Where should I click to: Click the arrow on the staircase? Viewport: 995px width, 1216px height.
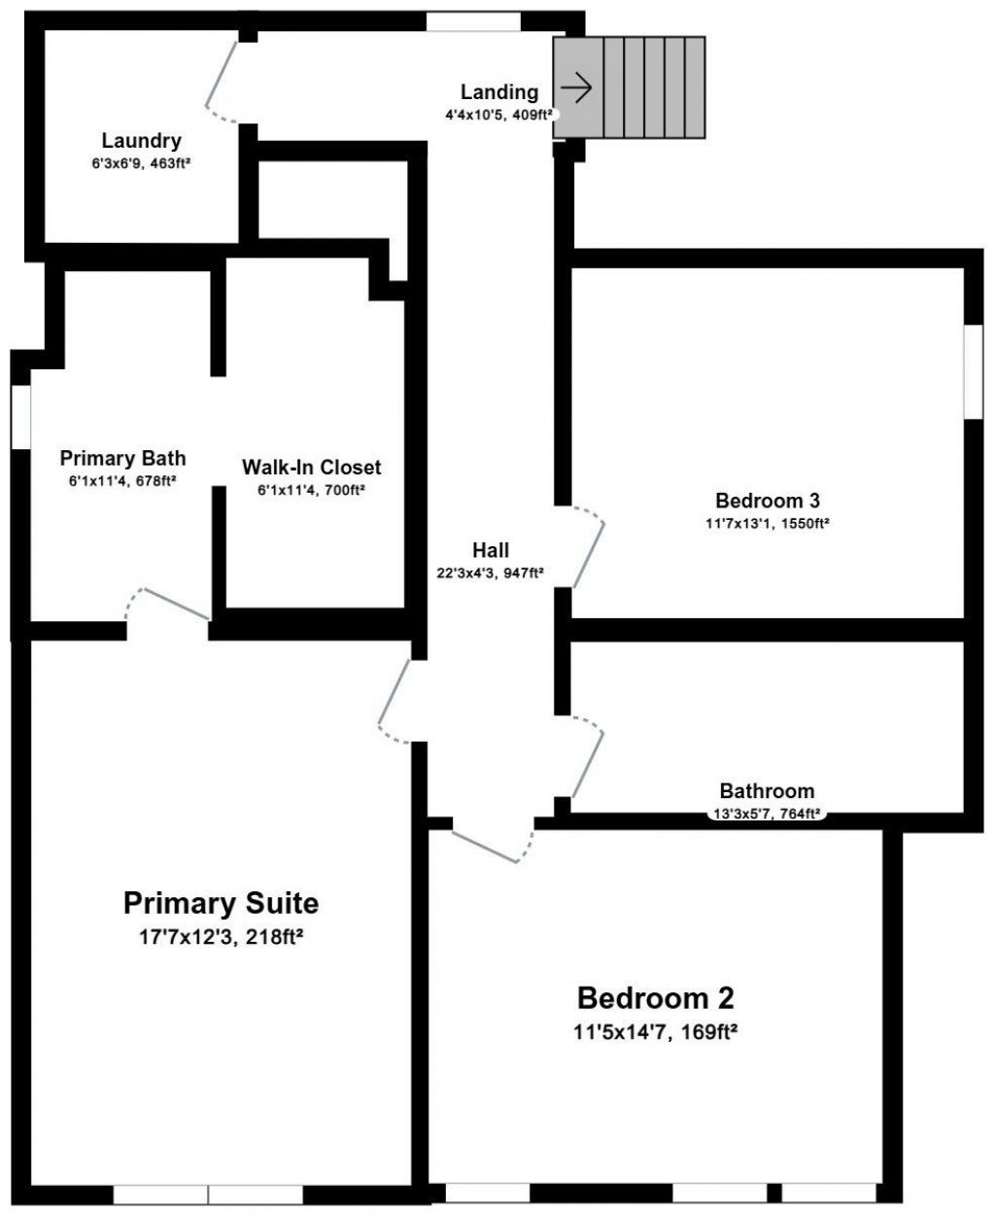point(577,87)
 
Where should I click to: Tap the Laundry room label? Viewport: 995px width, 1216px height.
point(141,141)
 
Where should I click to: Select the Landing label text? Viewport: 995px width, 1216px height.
point(498,92)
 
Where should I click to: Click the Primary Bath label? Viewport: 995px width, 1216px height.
point(122,458)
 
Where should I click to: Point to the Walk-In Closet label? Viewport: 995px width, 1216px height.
point(311,468)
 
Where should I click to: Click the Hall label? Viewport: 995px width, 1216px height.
point(491,551)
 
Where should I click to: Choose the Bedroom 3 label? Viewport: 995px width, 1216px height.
point(768,502)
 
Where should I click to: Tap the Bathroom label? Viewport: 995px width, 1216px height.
point(767,791)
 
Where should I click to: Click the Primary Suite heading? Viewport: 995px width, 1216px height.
point(221,903)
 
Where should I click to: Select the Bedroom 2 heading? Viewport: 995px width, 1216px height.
point(656,998)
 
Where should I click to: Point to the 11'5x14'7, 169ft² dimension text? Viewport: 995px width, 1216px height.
point(656,1031)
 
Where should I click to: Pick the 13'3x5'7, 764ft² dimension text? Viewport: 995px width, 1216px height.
point(768,815)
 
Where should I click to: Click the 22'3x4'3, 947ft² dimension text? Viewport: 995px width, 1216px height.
point(490,573)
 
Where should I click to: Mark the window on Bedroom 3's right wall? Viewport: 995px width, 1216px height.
point(973,371)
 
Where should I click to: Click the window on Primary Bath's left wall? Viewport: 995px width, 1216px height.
point(20,417)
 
